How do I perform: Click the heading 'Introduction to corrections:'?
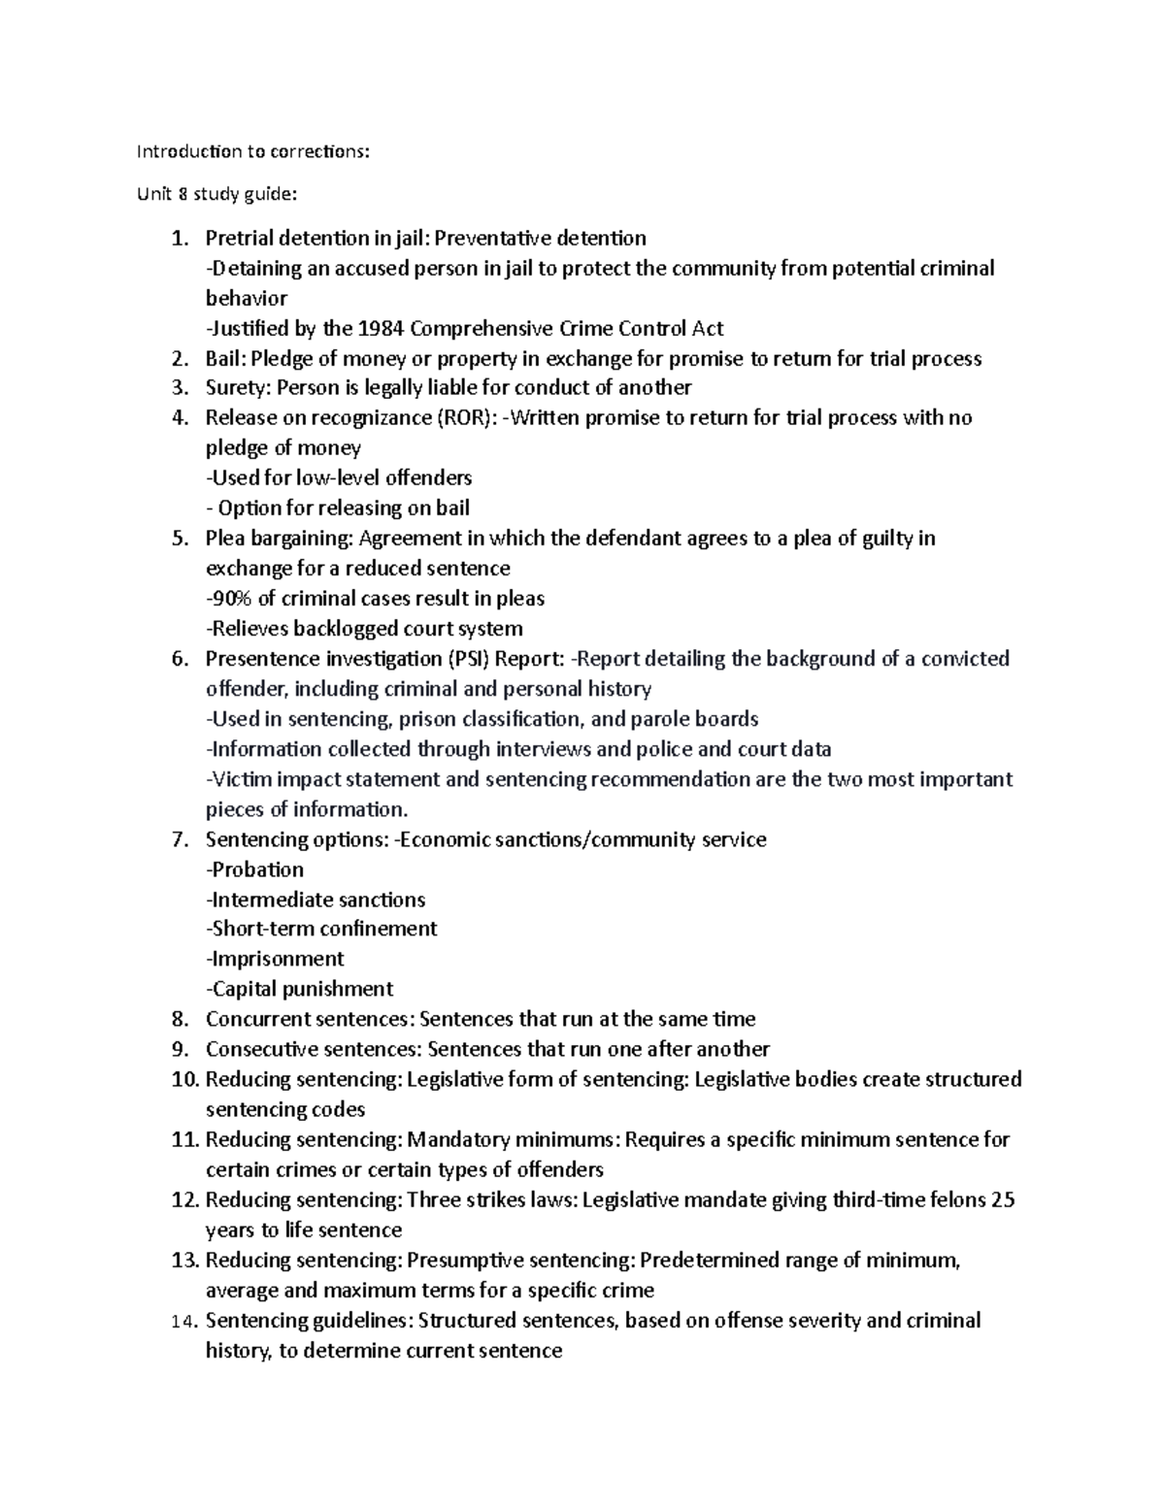click(x=253, y=151)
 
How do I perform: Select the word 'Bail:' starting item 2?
click(x=225, y=359)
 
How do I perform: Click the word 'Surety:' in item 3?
click(x=239, y=388)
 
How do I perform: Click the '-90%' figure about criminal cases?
click(x=229, y=599)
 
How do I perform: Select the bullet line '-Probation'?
click(x=254, y=869)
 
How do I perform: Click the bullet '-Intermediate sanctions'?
click(x=316, y=900)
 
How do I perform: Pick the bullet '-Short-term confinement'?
click(x=321, y=929)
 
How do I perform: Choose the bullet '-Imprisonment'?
click(x=275, y=959)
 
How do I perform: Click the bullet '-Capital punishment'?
click(x=299, y=989)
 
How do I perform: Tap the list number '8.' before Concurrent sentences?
click(x=179, y=1019)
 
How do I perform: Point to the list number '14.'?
click(x=183, y=1321)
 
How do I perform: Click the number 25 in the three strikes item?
click(x=1002, y=1199)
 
